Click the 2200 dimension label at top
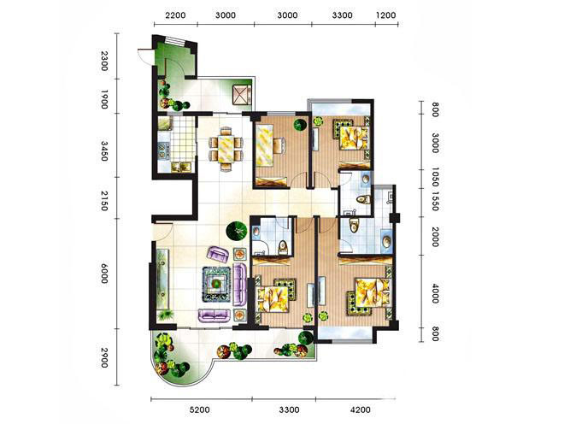175,15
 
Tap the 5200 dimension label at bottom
199,409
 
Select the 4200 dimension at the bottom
360,409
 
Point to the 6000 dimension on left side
104,274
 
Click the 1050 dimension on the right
435,177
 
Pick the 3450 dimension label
104,151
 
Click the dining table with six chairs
226,149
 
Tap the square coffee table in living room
216,284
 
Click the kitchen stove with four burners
164,150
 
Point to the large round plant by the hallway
237,231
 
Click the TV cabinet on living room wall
164,280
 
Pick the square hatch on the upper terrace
241,94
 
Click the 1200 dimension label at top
385,15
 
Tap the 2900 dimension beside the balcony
104,358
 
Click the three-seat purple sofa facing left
240,284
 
